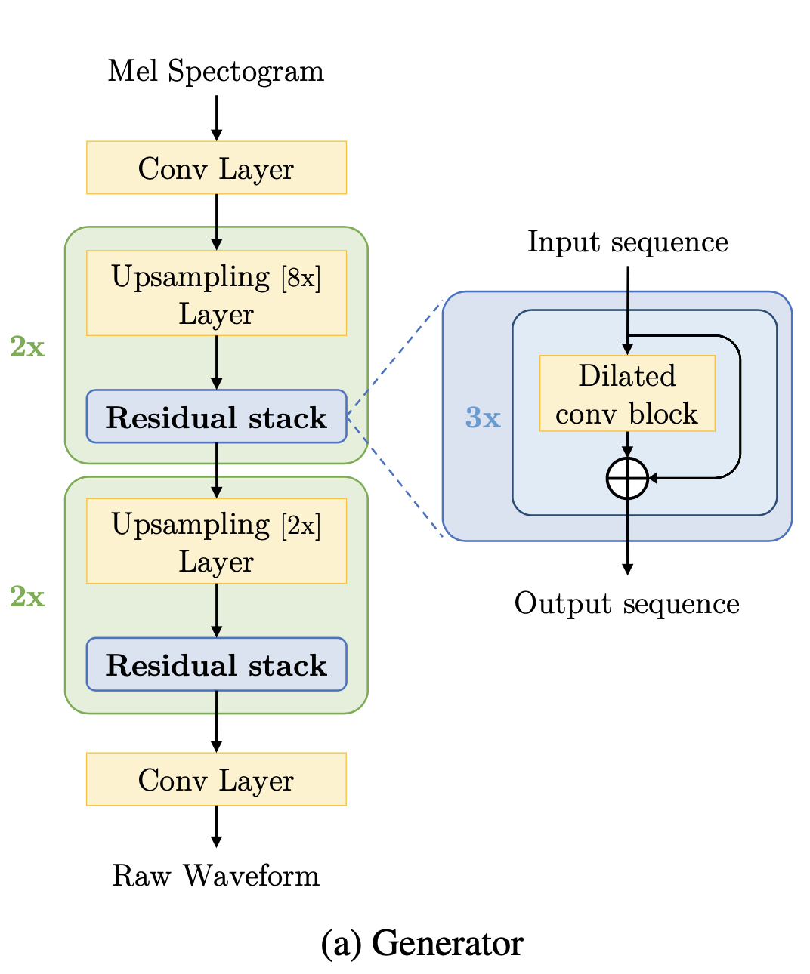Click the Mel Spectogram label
(215, 72)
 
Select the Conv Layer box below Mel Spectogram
(216, 168)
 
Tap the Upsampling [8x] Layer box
(216, 293)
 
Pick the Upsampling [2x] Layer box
(216, 541)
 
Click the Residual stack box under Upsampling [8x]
(216, 417)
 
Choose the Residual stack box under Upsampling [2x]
(216, 664)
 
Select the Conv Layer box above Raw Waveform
(216, 779)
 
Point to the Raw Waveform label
(215, 876)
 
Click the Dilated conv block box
(627, 393)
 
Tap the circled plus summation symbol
(627, 478)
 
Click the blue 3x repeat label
(483, 418)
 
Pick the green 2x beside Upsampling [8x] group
(27, 347)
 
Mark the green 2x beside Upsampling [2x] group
(27, 597)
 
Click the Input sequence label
(627, 242)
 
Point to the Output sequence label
(627, 604)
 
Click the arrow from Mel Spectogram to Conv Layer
(216, 118)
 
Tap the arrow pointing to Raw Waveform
(216, 827)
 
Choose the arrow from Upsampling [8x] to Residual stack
(216, 362)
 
